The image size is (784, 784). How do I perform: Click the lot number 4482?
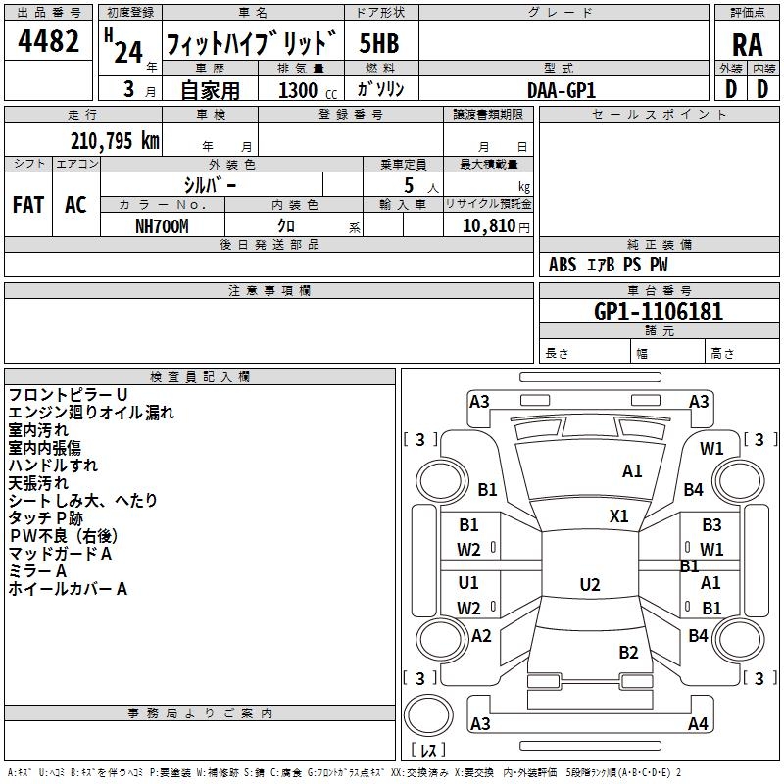pyautogui.click(x=49, y=44)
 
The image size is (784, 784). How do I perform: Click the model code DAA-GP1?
pyautogui.click(x=562, y=89)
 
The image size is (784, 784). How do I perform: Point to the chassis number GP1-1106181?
pyautogui.click(x=659, y=313)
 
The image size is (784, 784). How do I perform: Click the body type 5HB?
pyautogui.click(x=379, y=44)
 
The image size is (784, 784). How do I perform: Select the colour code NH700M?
pyautogui.click(x=162, y=225)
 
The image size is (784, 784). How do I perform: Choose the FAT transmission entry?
pyautogui.click(x=28, y=205)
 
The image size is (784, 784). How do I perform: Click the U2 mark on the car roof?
pyautogui.click(x=589, y=585)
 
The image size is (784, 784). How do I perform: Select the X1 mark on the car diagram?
pyautogui.click(x=619, y=515)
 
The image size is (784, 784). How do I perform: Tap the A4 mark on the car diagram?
pyautogui.click(x=698, y=724)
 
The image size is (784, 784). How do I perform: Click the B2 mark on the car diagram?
pyautogui.click(x=628, y=652)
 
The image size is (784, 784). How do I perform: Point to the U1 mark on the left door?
pyautogui.click(x=468, y=582)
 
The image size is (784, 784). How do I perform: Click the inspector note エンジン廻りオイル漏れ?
pyautogui.click(x=91, y=413)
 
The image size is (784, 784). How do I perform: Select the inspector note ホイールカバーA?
pyautogui.click(x=68, y=589)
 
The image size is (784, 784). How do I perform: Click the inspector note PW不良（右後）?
pyautogui.click(x=63, y=536)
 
